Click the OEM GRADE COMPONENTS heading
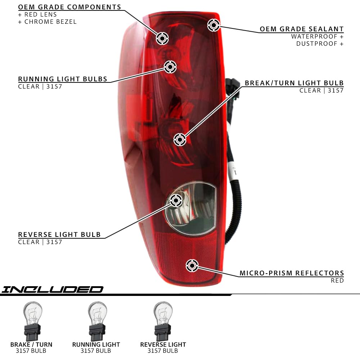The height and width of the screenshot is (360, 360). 69,7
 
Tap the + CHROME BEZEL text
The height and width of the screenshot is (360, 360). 47,22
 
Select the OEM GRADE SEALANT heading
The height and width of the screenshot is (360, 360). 302,29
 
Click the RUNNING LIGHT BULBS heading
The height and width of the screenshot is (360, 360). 63,79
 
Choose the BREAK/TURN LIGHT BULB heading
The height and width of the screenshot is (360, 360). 294,83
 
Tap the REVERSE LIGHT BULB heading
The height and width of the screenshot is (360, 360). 59,235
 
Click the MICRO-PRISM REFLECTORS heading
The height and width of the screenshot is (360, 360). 292,273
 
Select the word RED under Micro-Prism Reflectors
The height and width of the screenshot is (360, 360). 337,280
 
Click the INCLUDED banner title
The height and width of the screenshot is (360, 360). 52,289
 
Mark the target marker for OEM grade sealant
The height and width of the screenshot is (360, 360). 214,25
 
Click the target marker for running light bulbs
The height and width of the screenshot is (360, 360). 170,67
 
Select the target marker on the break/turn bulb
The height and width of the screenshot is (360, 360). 180,139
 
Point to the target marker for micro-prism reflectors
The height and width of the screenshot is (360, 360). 192,266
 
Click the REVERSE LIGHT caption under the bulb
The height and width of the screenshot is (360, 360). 163,345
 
